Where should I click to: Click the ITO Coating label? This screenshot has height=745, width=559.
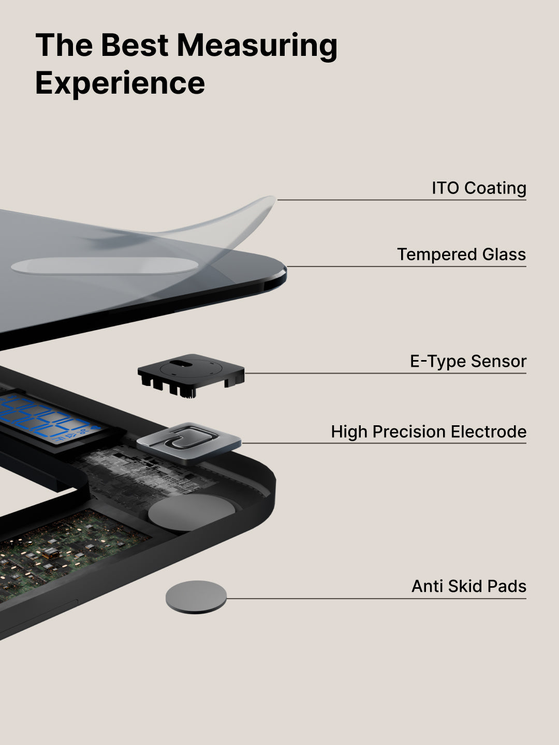pyautogui.click(x=479, y=188)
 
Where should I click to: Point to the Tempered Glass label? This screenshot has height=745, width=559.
pyautogui.click(x=462, y=255)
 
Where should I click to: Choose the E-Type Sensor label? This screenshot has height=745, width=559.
pyautogui.click(x=468, y=361)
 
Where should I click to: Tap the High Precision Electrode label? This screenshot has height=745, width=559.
pyautogui.click(x=429, y=432)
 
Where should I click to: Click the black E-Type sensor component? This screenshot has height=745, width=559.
pyautogui.click(x=191, y=375)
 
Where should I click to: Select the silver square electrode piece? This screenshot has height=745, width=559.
pyautogui.click(x=189, y=443)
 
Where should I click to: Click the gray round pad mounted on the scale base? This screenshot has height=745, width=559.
pyautogui.click(x=192, y=512)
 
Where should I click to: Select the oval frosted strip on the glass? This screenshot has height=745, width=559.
pyautogui.click(x=105, y=265)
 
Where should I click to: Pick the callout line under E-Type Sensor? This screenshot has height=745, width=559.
pyautogui.click(x=386, y=374)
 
